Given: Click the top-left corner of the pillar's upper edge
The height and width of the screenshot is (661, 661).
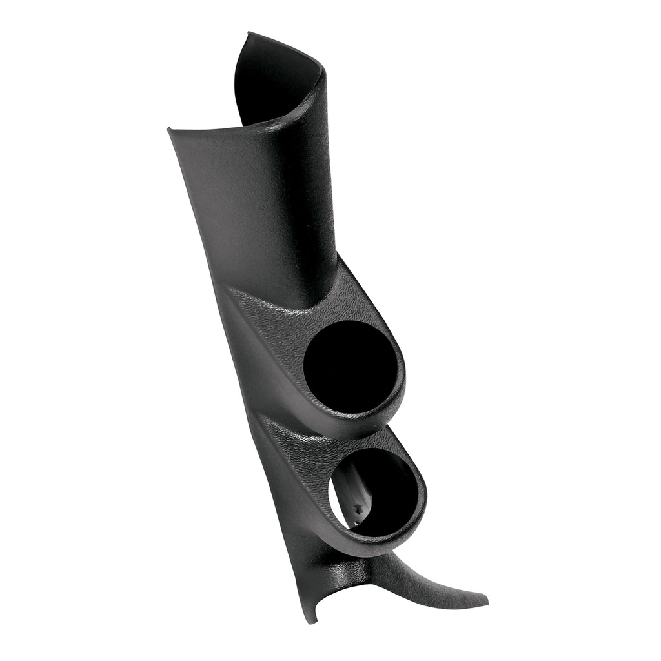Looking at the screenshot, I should [170, 130].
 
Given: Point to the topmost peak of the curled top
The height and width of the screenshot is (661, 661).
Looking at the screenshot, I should [249, 34].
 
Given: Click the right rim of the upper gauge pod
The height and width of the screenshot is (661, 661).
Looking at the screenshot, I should [402, 374].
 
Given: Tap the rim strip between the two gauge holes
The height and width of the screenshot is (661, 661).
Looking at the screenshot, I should [361, 426].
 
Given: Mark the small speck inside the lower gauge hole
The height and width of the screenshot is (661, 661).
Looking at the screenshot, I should [357, 510].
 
